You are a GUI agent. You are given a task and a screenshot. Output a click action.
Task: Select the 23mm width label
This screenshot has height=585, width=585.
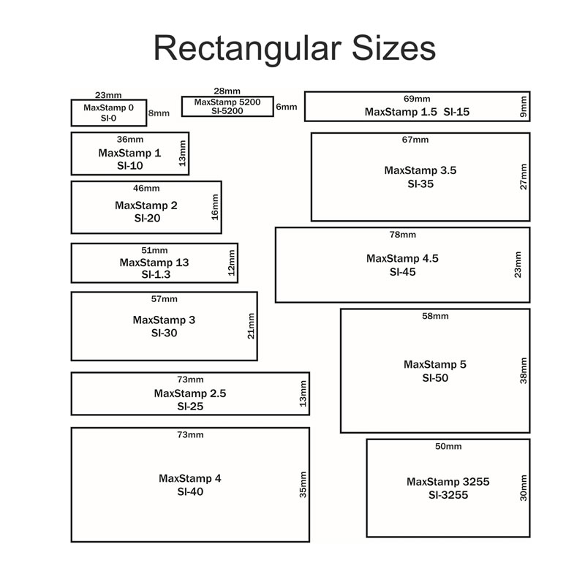(108, 95)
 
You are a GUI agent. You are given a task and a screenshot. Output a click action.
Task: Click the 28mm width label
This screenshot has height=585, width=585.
(227, 91)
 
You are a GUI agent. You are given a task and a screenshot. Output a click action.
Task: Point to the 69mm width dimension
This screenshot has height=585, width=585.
(417, 99)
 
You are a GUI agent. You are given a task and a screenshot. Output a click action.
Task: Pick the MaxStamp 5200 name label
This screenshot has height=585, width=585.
(227, 102)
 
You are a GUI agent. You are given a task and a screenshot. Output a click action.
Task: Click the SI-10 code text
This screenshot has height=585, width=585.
(129, 165)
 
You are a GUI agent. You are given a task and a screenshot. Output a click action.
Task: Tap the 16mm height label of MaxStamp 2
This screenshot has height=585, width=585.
(215, 206)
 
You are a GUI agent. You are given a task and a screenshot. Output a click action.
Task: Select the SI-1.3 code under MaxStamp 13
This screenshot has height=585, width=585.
(154, 274)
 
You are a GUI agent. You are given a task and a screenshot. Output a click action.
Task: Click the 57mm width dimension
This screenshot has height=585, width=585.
(164, 298)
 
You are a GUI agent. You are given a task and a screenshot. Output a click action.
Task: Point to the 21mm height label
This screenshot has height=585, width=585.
(251, 325)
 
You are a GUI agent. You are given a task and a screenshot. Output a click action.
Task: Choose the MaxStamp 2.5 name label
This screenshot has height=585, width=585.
(190, 393)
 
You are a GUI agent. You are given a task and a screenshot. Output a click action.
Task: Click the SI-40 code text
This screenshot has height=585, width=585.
(190, 491)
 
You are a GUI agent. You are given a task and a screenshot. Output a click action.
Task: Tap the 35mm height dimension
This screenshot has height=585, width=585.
(303, 484)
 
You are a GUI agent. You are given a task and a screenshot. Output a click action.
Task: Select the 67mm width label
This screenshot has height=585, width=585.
(415, 139)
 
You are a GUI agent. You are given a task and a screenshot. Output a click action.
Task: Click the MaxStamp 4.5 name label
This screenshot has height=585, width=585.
(402, 258)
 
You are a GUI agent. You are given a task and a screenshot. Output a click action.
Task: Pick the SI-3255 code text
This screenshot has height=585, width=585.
(448, 495)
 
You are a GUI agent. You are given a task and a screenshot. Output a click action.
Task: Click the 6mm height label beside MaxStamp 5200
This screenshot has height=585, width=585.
(287, 107)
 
